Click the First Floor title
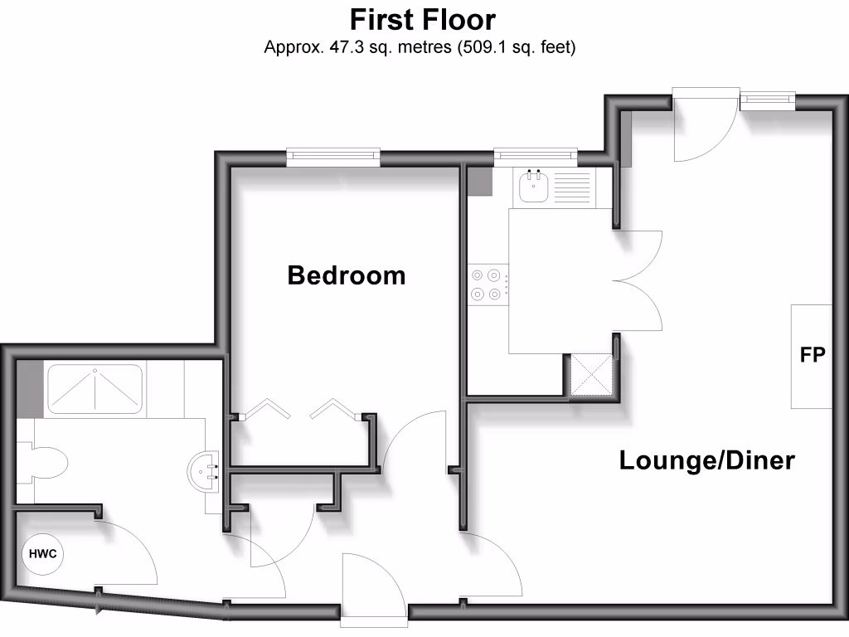[423, 18]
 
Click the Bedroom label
[347, 275]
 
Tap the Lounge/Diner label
[707, 460]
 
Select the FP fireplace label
[812, 355]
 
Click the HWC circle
[42, 554]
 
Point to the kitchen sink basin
[532, 188]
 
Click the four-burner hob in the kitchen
[487, 284]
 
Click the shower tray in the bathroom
[95, 388]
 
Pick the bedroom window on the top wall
[333, 155]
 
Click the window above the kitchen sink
[535, 155]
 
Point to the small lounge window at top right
[768, 100]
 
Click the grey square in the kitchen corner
[479, 181]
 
